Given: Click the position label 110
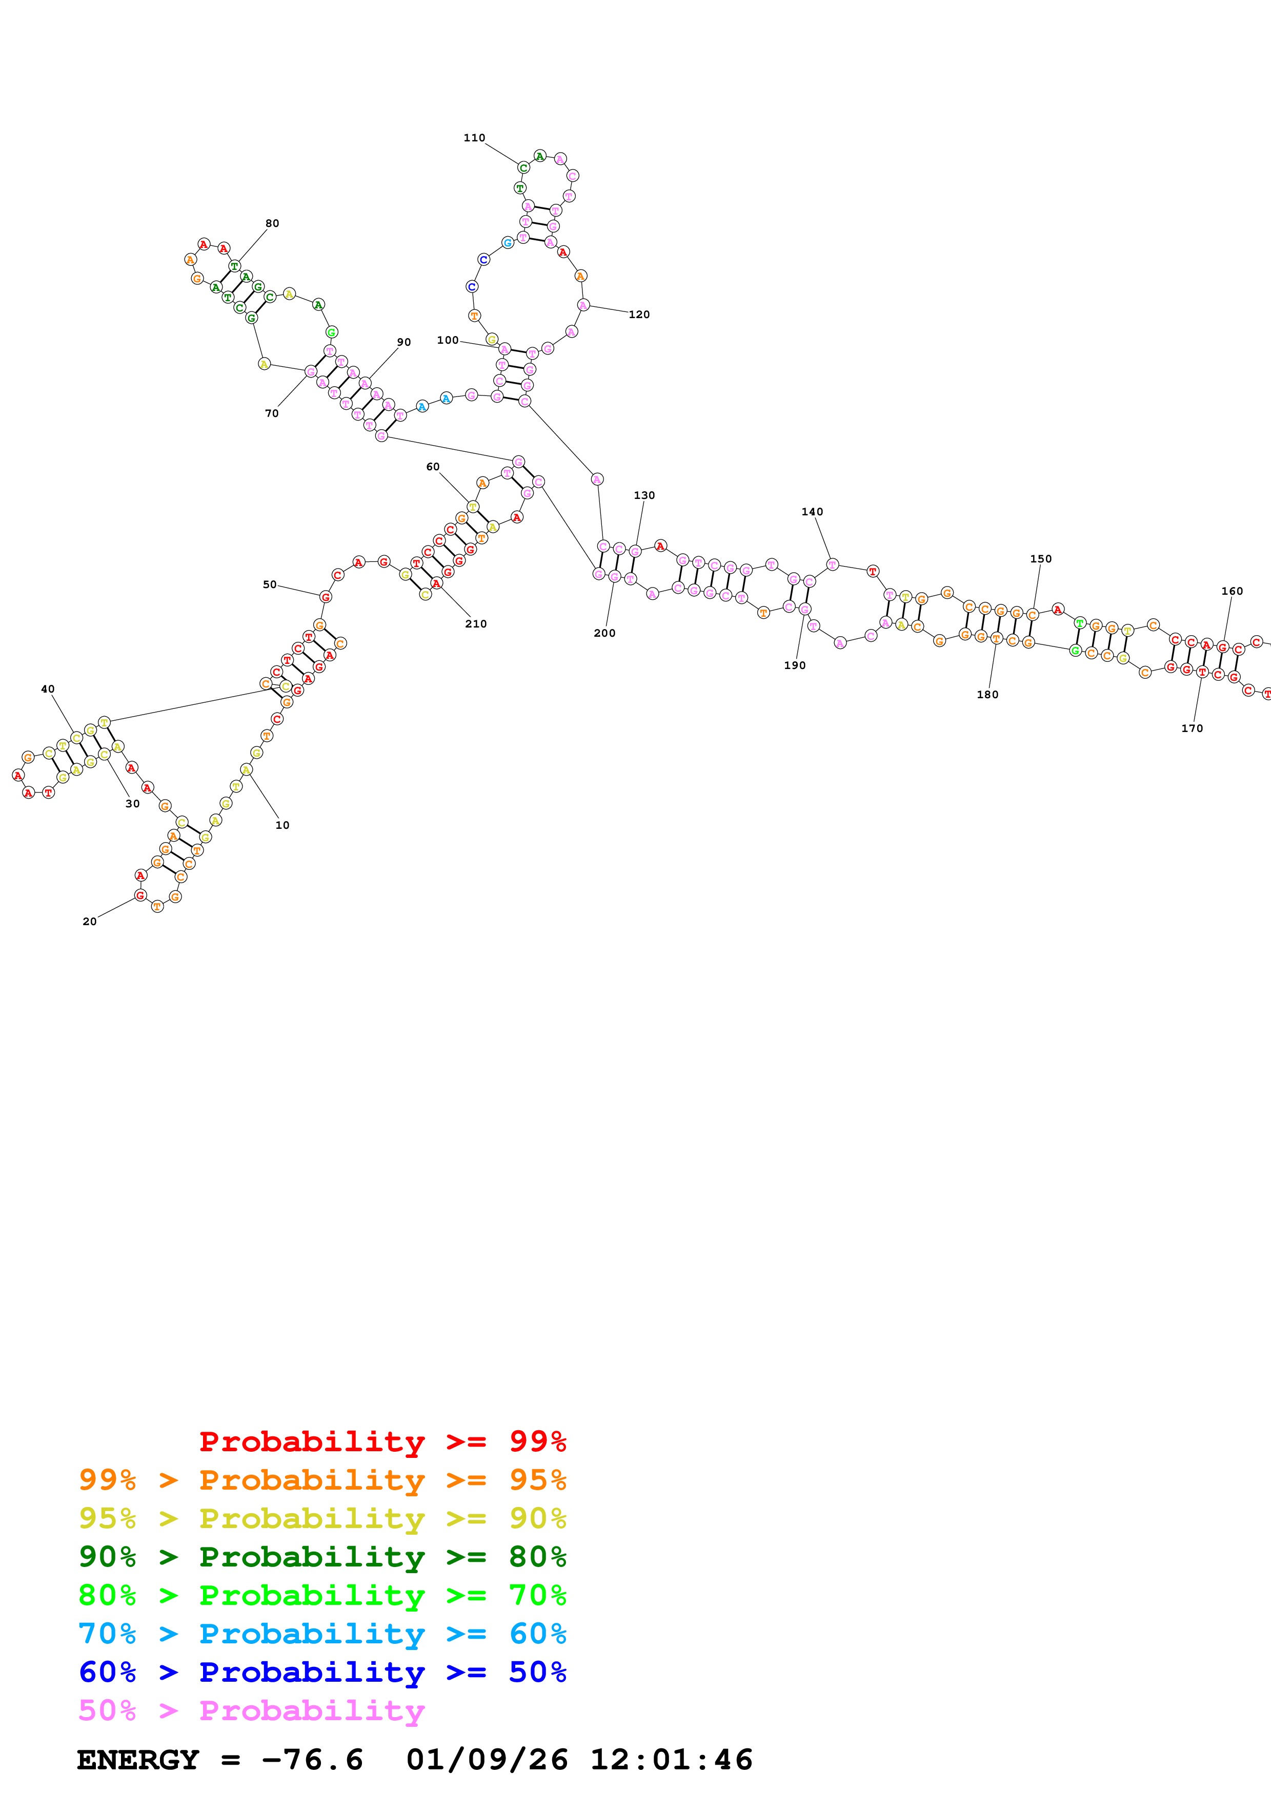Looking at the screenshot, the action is [x=474, y=138].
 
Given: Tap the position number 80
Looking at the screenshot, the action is [x=272, y=223].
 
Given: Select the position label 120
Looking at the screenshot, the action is [x=639, y=315].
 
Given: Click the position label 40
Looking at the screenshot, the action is [x=48, y=689].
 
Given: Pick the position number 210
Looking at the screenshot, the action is [x=475, y=624].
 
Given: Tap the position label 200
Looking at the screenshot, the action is [x=604, y=633].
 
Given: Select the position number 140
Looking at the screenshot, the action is [x=812, y=512].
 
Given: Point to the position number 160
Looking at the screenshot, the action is [x=1232, y=591].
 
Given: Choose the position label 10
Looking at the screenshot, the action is [x=282, y=825].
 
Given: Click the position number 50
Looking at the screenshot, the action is [x=269, y=584].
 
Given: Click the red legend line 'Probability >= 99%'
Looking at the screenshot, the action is [x=382, y=1441].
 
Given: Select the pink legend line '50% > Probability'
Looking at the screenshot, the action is [x=251, y=1710].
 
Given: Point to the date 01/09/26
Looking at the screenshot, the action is [x=487, y=1760].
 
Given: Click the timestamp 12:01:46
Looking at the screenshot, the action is [x=671, y=1760].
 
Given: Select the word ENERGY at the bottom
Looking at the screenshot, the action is [x=138, y=1760].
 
